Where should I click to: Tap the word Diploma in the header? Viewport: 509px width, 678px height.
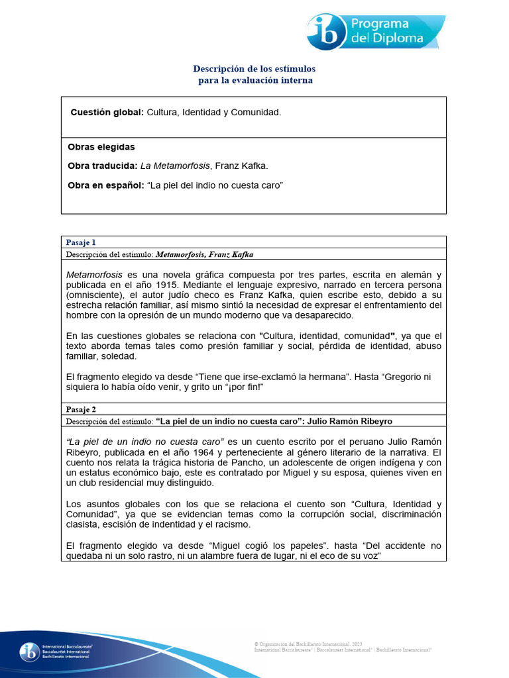[398, 38]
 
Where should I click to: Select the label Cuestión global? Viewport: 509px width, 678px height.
[107, 113]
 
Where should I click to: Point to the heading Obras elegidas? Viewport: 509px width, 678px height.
[101, 147]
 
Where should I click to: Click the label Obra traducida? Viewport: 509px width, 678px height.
[103, 166]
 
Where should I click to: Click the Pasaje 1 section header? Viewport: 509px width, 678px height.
[81, 242]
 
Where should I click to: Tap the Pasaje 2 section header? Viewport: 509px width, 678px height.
[81, 409]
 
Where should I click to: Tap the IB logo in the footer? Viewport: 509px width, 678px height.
[29, 652]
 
